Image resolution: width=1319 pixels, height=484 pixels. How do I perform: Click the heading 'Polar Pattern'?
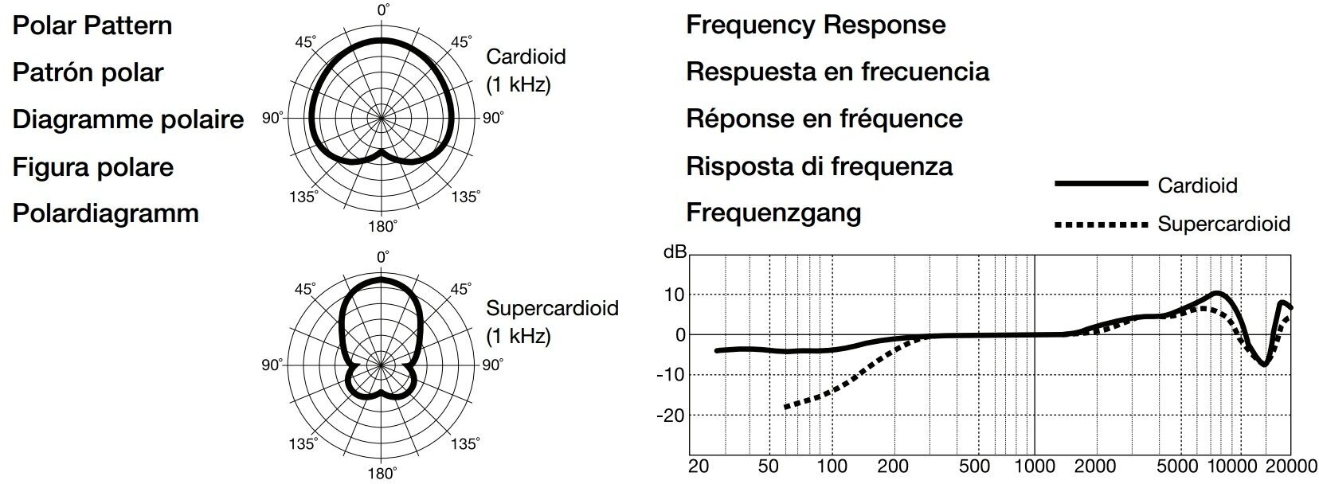tap(92, 25)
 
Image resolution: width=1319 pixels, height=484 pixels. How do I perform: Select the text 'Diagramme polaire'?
tap(128, 119)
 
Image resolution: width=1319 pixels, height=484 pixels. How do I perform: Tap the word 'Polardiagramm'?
tap(105, 213)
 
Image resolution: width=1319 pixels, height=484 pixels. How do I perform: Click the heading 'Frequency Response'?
tap(816, 25)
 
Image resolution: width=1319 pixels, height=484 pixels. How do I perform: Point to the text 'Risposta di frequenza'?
tap(820, 166)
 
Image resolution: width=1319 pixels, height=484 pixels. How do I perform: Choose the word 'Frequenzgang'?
tap(773, 213)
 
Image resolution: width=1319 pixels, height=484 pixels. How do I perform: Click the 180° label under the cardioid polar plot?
tap(382, 227)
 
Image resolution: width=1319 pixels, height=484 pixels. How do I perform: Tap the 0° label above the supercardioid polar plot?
tap(383, 257)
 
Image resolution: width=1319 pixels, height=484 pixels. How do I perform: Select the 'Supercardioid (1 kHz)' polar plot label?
tap(552, 322)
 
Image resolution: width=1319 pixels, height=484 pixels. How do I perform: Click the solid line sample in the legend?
tap(1100, 184)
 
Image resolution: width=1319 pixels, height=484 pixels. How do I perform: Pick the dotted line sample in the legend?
tap(1100, 225)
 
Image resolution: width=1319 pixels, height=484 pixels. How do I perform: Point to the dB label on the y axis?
tap(675, 252)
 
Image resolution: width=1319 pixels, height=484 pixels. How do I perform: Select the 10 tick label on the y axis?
tap(674, 295)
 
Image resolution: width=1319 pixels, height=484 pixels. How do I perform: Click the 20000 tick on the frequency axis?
tap(1290, 466)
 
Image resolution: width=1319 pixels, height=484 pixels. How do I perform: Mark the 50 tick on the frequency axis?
tap(769, 466)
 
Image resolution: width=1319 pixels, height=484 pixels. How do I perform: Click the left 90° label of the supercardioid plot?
tap(272, 365)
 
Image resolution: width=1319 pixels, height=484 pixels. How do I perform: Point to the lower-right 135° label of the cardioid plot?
tap(466, 197)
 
